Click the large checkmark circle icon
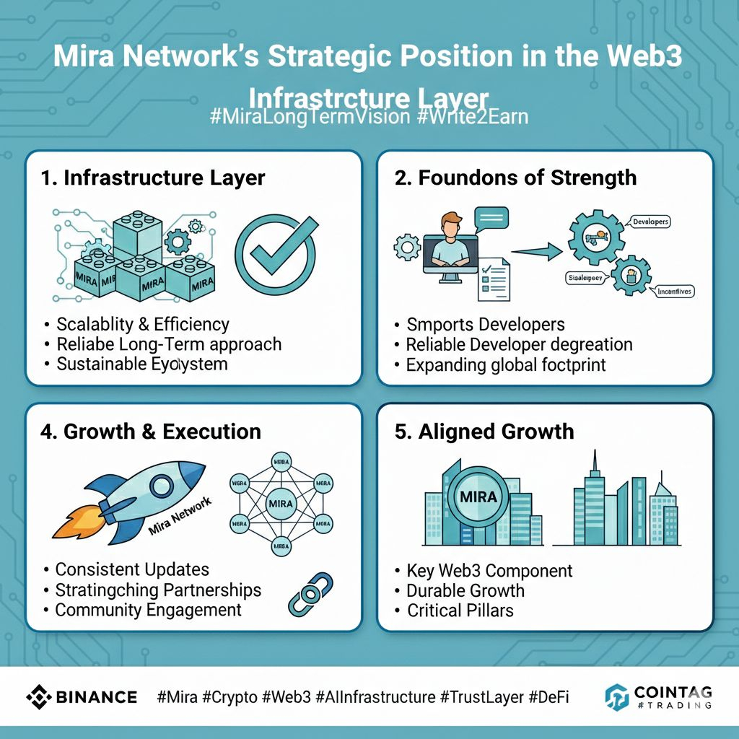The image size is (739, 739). [x=275, y=255]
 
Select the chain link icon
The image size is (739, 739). [x=310, y=593]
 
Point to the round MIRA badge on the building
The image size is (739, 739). [x=478, y=497]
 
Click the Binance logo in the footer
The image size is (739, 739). [x=82, y=696]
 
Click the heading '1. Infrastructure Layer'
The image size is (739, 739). [x=153, y=178]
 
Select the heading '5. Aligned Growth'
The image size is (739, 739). [x=484, y=432]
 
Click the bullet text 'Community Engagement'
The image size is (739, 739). [x=148, y=610]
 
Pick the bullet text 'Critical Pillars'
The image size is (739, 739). [x=460, y=611]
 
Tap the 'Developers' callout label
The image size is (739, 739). [x=649, y=222]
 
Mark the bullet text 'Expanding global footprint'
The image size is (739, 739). [x=506, y=365]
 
